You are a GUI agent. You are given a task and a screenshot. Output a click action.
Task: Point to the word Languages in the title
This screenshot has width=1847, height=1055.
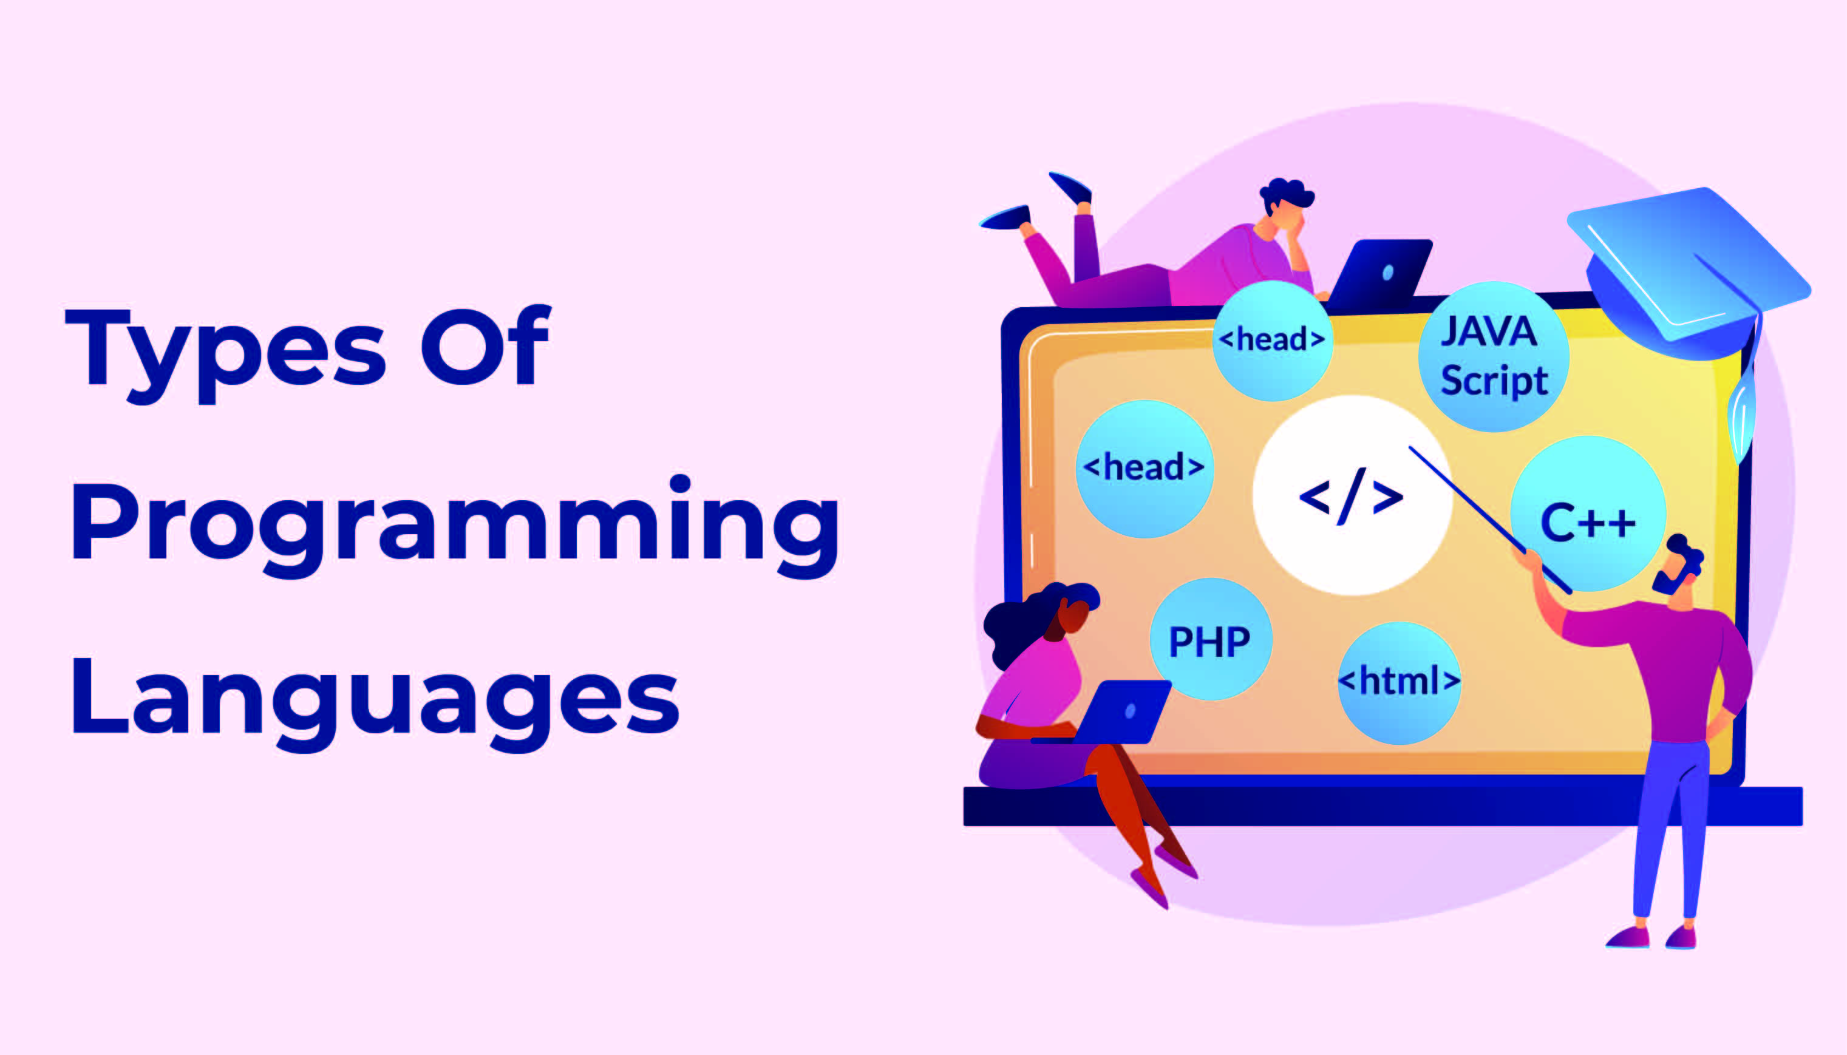coord(375,700)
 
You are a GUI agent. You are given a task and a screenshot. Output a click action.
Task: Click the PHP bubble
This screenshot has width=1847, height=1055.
coord(1210,640)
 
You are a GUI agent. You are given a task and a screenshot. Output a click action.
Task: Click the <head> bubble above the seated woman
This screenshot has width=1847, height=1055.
coord(1144,468)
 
